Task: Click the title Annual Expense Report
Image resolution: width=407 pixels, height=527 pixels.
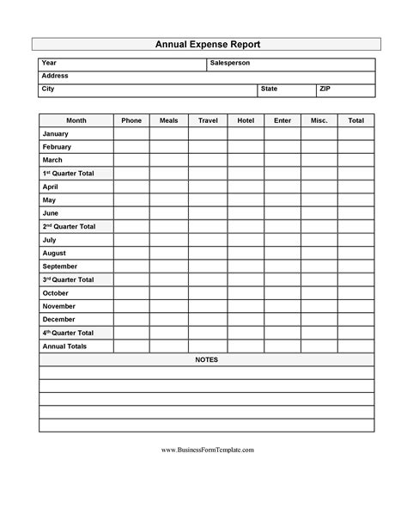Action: click(x=207, y=44)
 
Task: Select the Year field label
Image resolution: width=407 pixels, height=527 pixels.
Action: click(x=49, y=64)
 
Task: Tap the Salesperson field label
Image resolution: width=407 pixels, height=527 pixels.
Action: click(x=229, y=64)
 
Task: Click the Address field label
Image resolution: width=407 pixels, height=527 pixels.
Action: click(x=54, y=77)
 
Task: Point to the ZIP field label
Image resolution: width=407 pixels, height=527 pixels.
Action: click(x=325, y=89)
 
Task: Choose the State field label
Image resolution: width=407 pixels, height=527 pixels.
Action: click(x=269, y=89)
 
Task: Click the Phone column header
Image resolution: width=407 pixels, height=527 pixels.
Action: click(x=131, y=121)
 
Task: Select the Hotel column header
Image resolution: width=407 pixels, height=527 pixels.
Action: click(x=246, y=121)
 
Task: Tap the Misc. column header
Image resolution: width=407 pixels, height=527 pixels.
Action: click(x=319, y=121)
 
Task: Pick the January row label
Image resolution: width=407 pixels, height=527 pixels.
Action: click(x=55, y=134)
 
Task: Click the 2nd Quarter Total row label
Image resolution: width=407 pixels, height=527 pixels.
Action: click(x=69, y=227)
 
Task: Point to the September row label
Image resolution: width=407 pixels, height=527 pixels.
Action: click(x=60, y=267)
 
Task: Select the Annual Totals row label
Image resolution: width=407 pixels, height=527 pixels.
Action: click(x=64, y=346)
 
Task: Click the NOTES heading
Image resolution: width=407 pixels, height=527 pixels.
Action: click(x=206, y=359)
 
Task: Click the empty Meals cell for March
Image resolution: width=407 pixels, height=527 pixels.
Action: click(x=168, y=161)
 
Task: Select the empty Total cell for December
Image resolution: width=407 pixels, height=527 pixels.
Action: click(x=356, y=320)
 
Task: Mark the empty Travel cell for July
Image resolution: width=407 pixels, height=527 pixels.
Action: click(x=208, y=241)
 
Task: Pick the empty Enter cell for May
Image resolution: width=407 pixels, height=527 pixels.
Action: click(x=282, y=200)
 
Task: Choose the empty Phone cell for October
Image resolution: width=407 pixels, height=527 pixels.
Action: click(x=131, y=293)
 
